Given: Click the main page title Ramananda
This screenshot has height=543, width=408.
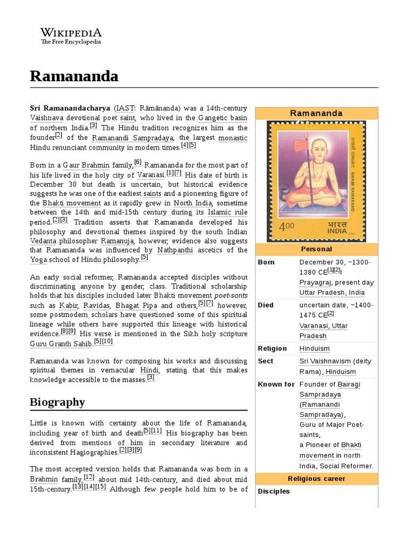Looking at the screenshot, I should (74, 76).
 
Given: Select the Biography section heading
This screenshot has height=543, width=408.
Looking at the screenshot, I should (57, 401).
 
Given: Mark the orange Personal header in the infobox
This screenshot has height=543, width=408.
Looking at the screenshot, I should (316, 249).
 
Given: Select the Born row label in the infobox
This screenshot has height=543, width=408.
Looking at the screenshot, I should (266, 262).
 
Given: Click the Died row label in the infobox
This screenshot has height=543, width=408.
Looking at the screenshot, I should (266, 305).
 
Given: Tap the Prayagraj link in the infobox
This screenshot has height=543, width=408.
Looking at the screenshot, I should (316, 283).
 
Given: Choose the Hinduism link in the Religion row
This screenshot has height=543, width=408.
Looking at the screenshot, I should (314, 348).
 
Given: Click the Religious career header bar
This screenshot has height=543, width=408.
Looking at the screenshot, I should (316, 478).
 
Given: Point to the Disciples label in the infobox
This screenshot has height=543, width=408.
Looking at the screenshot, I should (274, 491).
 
